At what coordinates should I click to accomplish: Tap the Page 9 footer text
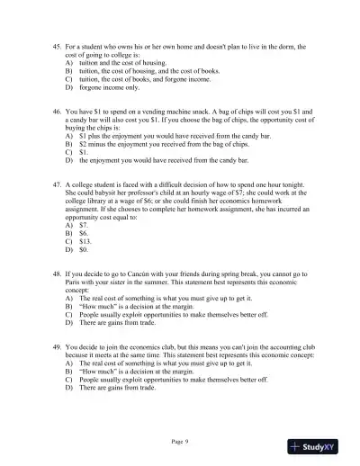point(180,442)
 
